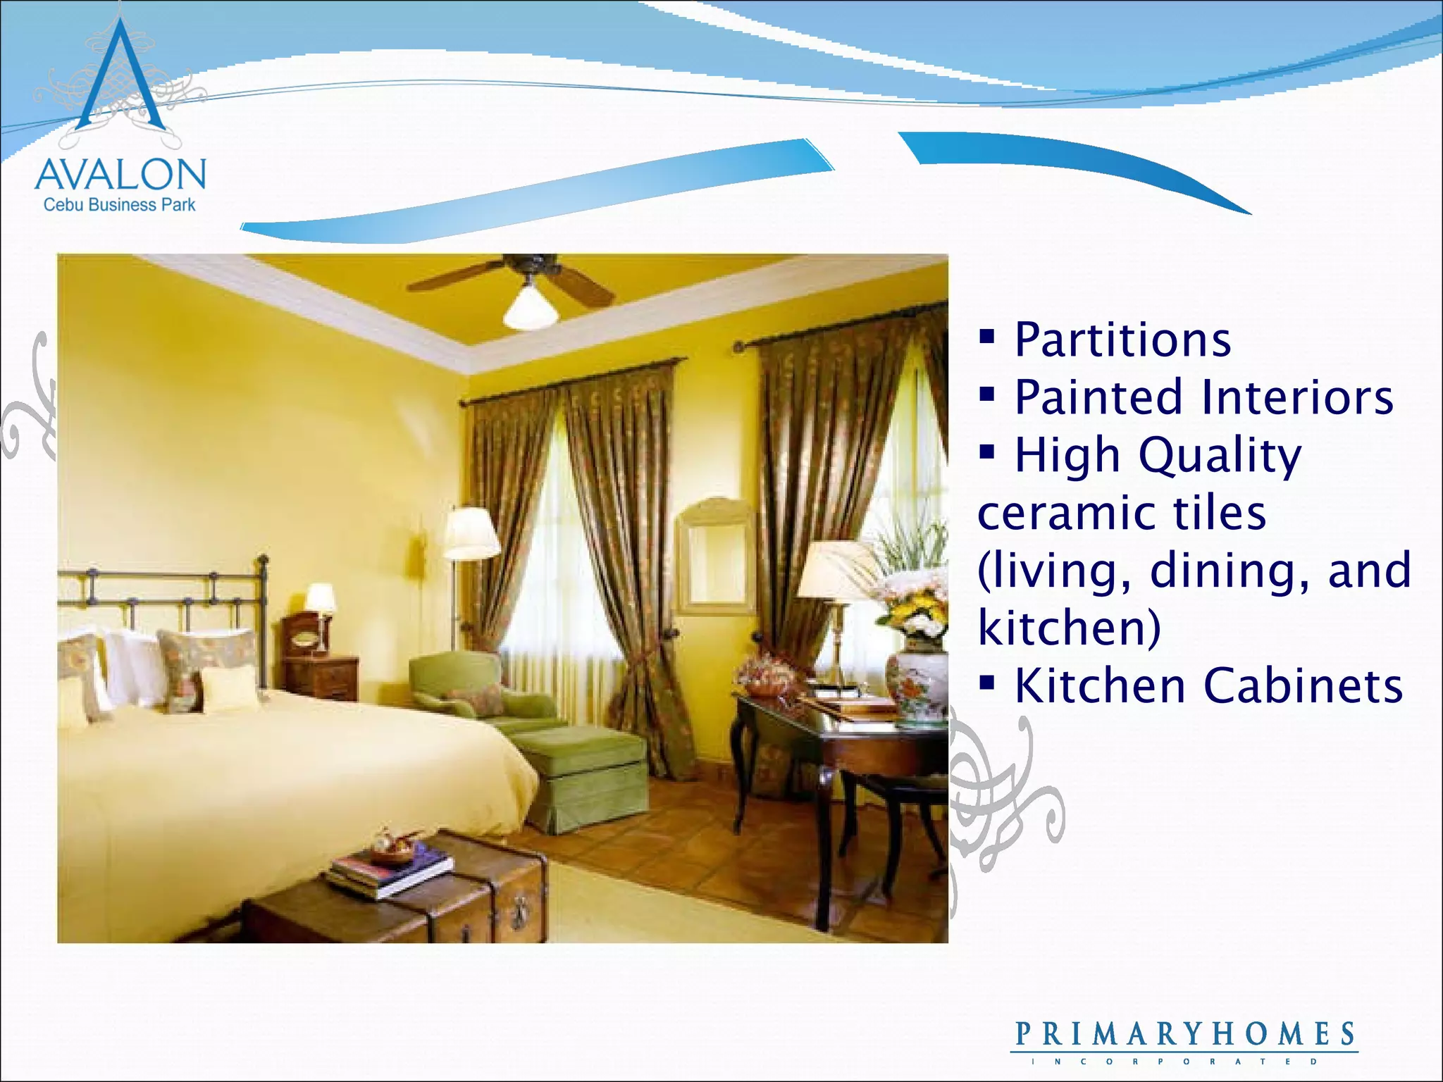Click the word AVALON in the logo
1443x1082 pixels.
click(x=120, y=174)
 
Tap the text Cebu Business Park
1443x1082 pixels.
click(x=120, y=205)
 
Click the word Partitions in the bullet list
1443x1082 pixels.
click(x=1122, y=340)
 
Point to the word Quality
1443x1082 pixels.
click(x=1220, y=456)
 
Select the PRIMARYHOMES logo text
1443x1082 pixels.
click(x=1184, y=1035)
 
